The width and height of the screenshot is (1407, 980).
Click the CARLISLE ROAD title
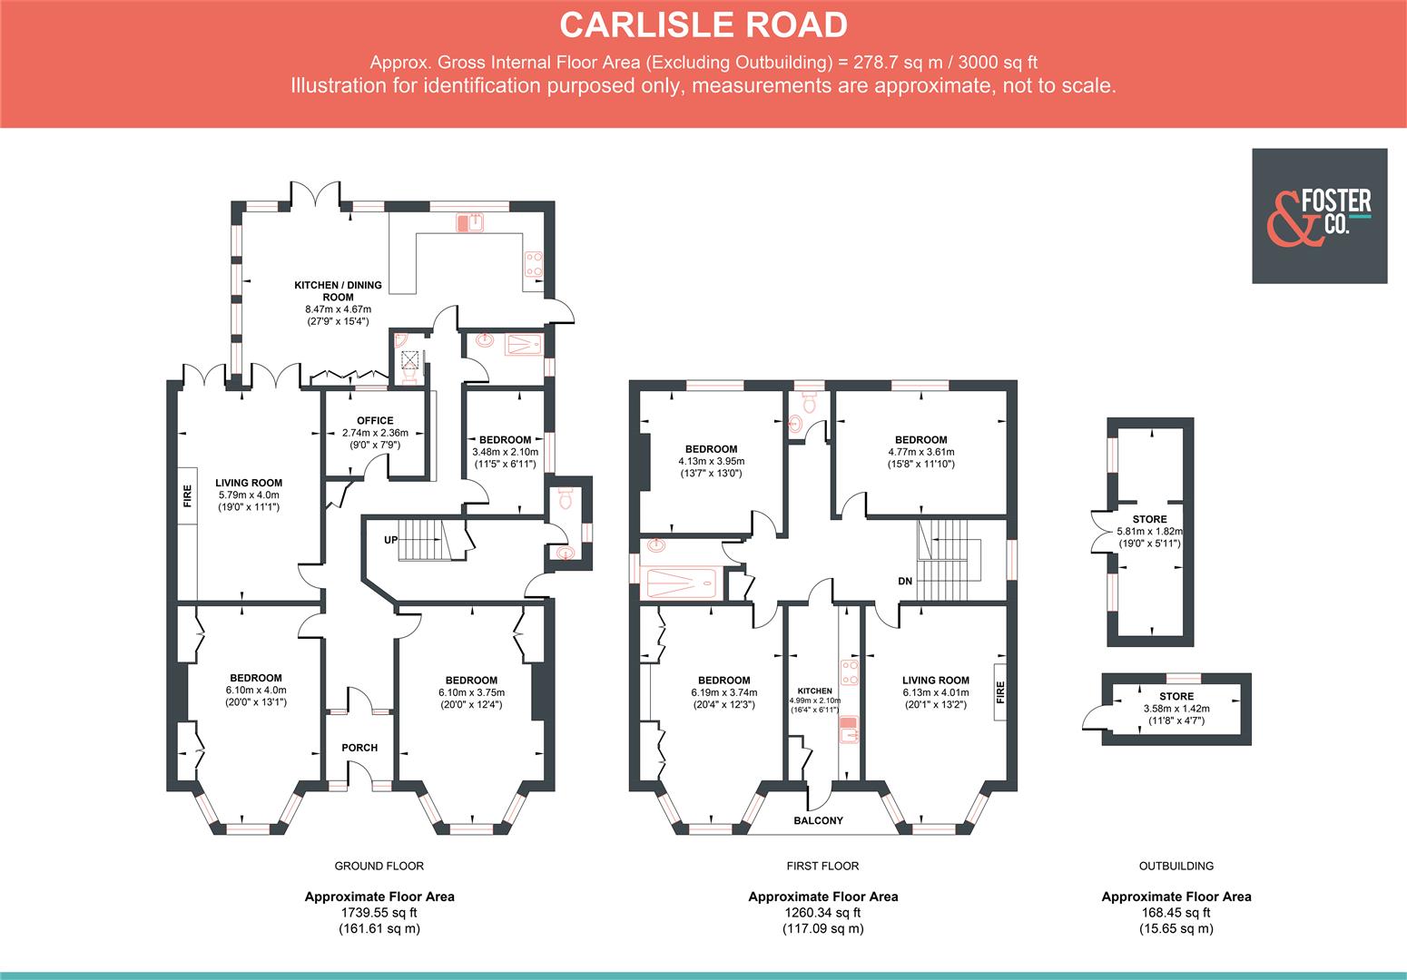coord(703,25)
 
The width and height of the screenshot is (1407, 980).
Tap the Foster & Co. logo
coord(1319,216)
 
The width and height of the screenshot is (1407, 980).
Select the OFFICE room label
coord(375,420)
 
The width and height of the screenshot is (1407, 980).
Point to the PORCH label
coord(359,748)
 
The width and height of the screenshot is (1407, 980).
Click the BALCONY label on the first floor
coord(818,820)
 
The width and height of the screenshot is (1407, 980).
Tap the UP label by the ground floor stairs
coord(390,540)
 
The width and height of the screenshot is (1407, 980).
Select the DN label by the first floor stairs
coord(905,581)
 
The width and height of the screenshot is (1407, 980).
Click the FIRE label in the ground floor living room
coord(188,495)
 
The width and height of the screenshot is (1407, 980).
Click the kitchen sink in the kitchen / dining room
coord(472,221)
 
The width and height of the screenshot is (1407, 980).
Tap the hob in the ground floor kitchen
coord(533,263)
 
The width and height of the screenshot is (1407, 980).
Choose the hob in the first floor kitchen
coord(851,671)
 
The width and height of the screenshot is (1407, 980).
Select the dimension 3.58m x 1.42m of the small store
coord(1176,709)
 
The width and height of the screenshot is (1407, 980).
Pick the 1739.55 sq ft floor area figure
coord(379,913)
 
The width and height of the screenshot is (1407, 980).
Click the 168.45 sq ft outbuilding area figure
coord(1176,913)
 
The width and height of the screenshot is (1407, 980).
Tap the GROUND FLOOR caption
coord(379,866)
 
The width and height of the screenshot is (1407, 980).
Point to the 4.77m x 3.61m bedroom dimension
coord(920,452)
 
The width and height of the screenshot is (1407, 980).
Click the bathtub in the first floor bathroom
coord(679,582)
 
